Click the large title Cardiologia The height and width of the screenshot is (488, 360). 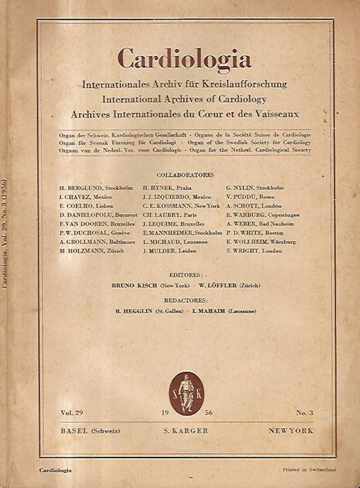coord(184,59)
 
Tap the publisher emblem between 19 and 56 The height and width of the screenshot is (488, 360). coord(186,393)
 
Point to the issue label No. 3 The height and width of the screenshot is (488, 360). coord(304,413)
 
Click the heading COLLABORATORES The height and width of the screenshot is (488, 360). coord(185,174)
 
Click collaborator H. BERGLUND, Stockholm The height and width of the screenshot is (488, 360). coord(95,188)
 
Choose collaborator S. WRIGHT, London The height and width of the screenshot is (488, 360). coord(254,251)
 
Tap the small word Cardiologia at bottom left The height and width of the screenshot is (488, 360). coord(55,470)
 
